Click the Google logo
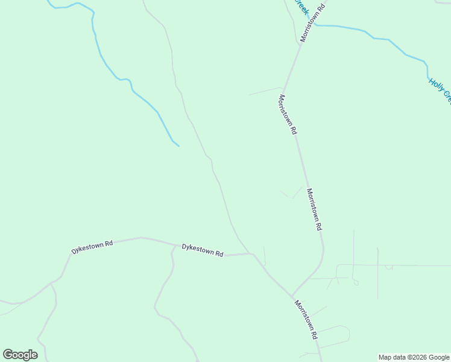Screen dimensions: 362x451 click(20, 355)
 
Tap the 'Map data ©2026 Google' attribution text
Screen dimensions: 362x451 click(414, 357)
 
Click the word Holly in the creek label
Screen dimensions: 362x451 click(435, 84)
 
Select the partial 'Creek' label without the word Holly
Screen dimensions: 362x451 click(301, 8)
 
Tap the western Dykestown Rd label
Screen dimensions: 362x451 click(92, 247)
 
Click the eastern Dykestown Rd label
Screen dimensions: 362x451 click(203, 250)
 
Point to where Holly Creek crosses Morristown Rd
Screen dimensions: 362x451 click(309, 25)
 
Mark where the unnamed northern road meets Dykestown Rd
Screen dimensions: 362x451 click(248, 253)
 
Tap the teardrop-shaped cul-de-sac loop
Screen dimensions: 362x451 click(356, 281)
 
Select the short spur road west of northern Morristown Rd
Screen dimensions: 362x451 click(265, 91)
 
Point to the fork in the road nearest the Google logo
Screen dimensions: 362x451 click(51, 282)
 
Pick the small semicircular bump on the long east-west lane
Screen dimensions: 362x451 click(389, 267)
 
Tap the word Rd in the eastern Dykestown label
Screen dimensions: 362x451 click(219, 254)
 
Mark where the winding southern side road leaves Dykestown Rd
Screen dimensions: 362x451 click(172, 247)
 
